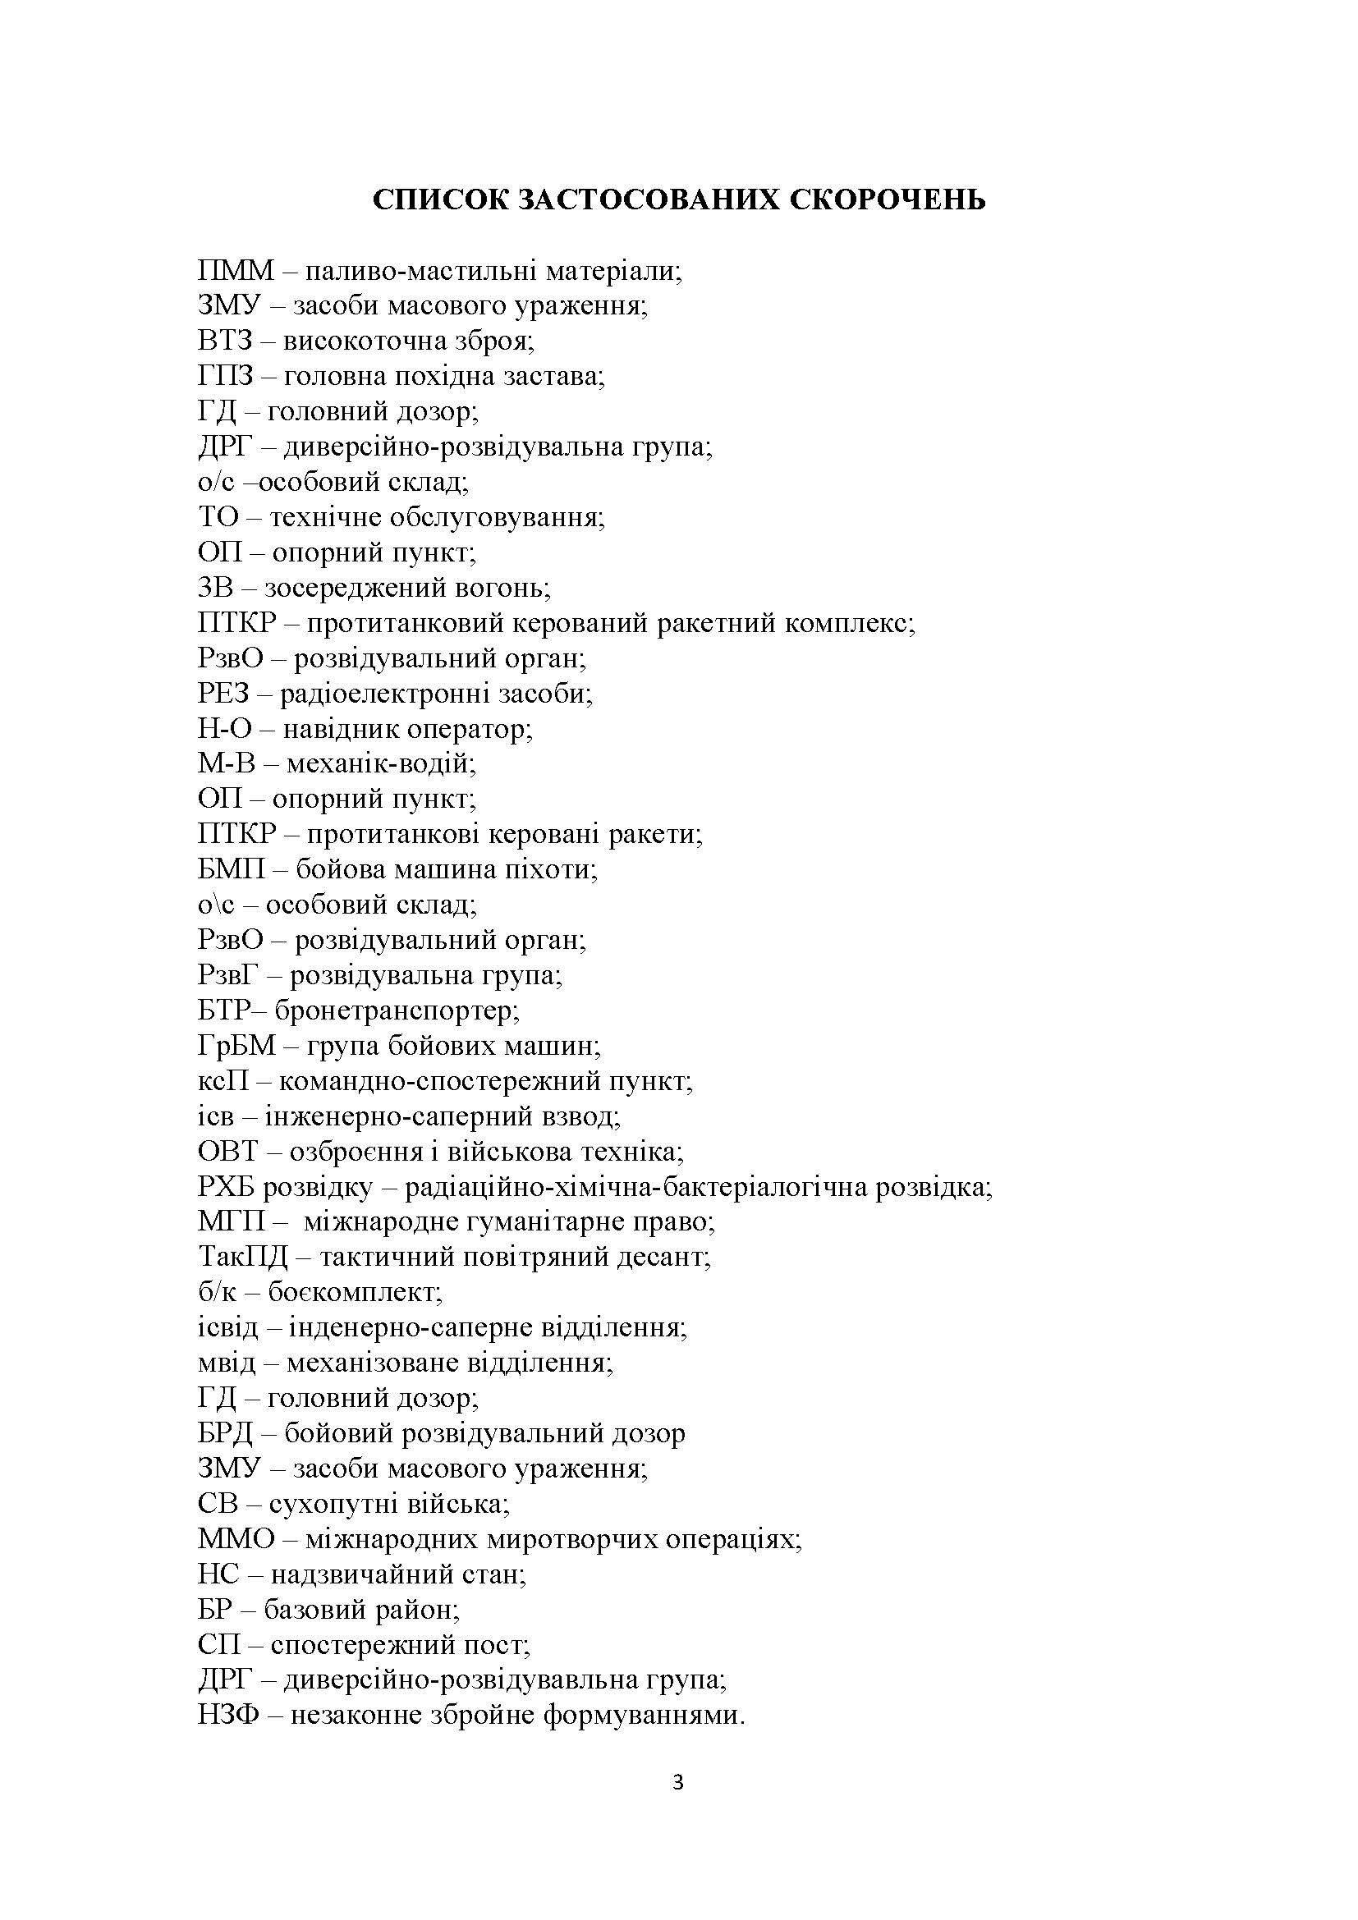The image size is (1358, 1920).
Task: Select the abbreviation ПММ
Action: tap(236, 271)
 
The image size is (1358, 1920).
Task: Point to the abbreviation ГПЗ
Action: tap(226, 376)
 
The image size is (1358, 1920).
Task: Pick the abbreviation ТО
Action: tap(219, 518)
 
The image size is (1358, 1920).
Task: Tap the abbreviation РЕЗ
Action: tap(224, 694)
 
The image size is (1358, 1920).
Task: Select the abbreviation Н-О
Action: tap(224, 729)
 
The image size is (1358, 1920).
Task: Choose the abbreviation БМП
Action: tap(231, 869)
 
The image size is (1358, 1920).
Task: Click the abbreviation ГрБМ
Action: tap(236, 1046)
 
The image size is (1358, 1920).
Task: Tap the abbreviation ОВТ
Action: tap(228, 1152)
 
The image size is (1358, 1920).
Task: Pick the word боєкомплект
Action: tap(355, 1293)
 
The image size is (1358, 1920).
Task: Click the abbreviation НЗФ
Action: tap(228, 1716)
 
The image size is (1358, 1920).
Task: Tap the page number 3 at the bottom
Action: tap(678, 1807)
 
